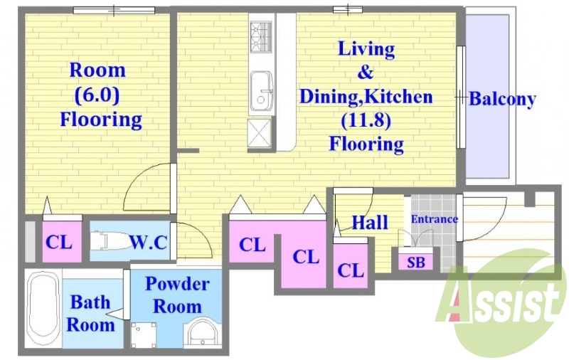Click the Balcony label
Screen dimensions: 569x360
click(502, 99)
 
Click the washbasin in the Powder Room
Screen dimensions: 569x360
click(201, 332)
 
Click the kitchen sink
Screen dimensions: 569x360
click(260, 92)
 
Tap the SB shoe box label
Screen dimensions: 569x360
click(416, 262)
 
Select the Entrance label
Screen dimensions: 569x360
click(434, 219)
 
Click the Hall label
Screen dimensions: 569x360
click(370, 222)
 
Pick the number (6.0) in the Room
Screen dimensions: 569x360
click(97, 95)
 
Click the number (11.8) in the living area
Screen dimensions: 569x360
click(366, 120)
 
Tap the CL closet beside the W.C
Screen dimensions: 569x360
click(59, 242)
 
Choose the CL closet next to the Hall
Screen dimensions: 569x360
click(351, 270)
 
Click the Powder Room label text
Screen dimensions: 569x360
click(177, 295)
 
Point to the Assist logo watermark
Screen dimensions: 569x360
click(500, 304)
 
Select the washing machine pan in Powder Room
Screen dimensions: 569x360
click(144, 334)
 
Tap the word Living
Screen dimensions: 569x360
click(366, 49)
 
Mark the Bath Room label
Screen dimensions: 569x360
click(90, 313)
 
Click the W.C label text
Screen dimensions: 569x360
click(149, 242)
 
